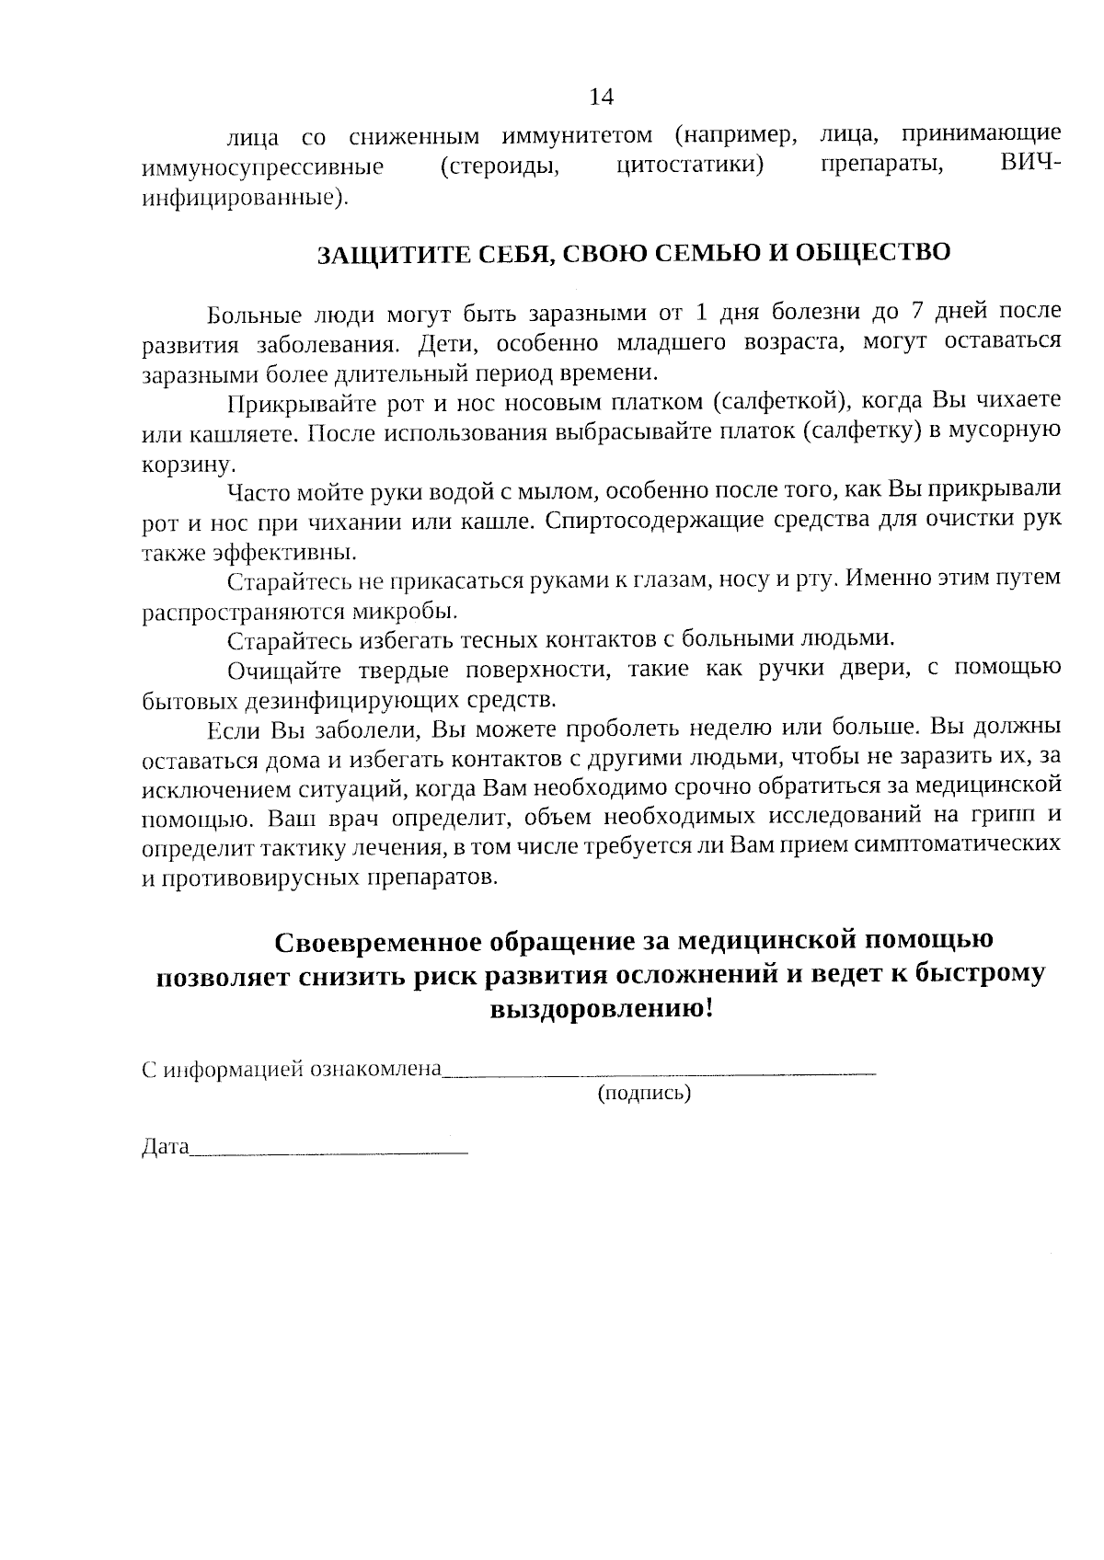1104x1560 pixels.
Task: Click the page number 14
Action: coord(601,97)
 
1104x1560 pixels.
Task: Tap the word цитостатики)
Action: coord(690,167)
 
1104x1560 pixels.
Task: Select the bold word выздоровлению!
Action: coord(600,1010)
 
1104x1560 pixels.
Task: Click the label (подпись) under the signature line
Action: coord(644,1094)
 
